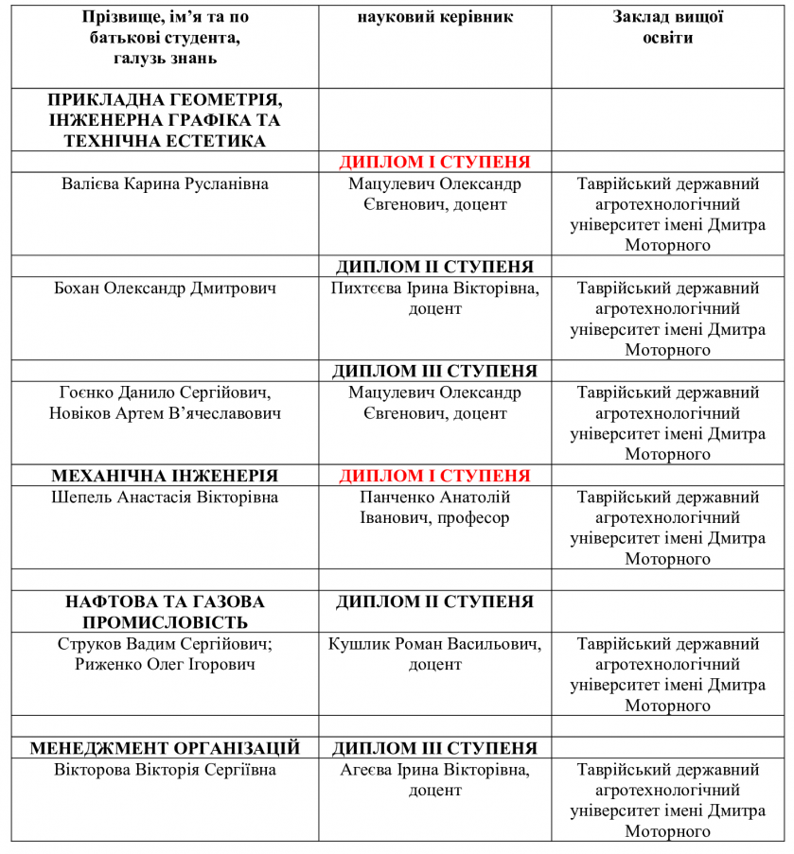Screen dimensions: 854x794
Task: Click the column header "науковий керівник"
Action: [435, 18]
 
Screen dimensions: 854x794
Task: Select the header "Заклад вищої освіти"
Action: [668, 28]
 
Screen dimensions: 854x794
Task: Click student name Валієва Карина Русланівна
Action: [165, 183]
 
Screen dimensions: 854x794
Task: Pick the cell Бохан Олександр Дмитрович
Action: [165, 288]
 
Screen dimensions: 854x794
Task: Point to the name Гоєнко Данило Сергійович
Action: [165, 392]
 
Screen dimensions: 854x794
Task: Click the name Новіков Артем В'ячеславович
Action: [165, 413]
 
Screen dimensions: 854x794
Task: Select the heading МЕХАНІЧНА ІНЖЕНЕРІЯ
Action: [165, 476]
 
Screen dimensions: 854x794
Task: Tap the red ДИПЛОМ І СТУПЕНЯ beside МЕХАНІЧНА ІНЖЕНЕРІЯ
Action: [435, 476]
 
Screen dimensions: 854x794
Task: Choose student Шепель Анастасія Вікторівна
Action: [165, 497]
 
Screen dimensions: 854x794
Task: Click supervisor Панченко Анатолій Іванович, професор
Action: [435, 508]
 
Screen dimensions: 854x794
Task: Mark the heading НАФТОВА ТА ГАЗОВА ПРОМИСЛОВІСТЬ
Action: [165, 612]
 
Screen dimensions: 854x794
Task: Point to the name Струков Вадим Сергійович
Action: [165, 644]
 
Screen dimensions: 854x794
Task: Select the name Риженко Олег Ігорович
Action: [165, 665]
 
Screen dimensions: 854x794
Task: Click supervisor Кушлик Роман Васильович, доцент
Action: [435, 654]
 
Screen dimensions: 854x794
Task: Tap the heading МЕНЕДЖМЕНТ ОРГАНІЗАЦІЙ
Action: [165, 748]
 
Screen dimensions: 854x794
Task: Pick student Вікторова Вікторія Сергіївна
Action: [165, 770]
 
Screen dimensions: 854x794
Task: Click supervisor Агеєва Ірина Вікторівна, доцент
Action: [435, 780]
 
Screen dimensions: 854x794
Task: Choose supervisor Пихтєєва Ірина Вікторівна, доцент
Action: [435, 299]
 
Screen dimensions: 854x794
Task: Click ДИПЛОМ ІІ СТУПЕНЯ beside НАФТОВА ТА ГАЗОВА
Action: [435, 601]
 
